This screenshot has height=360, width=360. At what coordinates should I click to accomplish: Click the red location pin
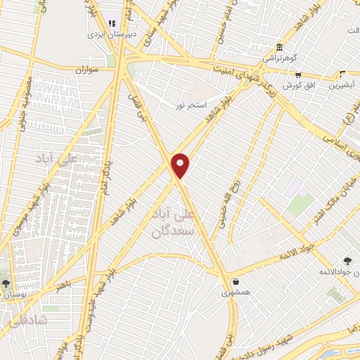pyautogui.click(x=181, y=165)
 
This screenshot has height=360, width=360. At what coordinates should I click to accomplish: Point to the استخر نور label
pyautogui.click(x=191, y=105)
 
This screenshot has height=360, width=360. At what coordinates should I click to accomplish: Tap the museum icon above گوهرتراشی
pyautogui.click(x=280, y=47)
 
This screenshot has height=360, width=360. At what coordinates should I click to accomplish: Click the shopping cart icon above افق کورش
pyautogui.click(x=298, y=74)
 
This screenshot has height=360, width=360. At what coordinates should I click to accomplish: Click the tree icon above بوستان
pyautogui.click(x=6, y=284)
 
